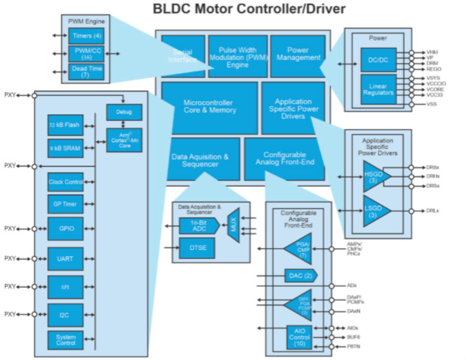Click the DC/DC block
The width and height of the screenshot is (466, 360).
point(378,60)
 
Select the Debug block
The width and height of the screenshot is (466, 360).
point(124,112)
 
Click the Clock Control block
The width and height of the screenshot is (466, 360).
point(66,182)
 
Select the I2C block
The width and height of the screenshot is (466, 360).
point(66,314)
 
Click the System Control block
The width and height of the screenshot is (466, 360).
point(66,339)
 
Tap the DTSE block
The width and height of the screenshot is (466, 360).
point(197,248)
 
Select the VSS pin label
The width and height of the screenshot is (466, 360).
point(431,104)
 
